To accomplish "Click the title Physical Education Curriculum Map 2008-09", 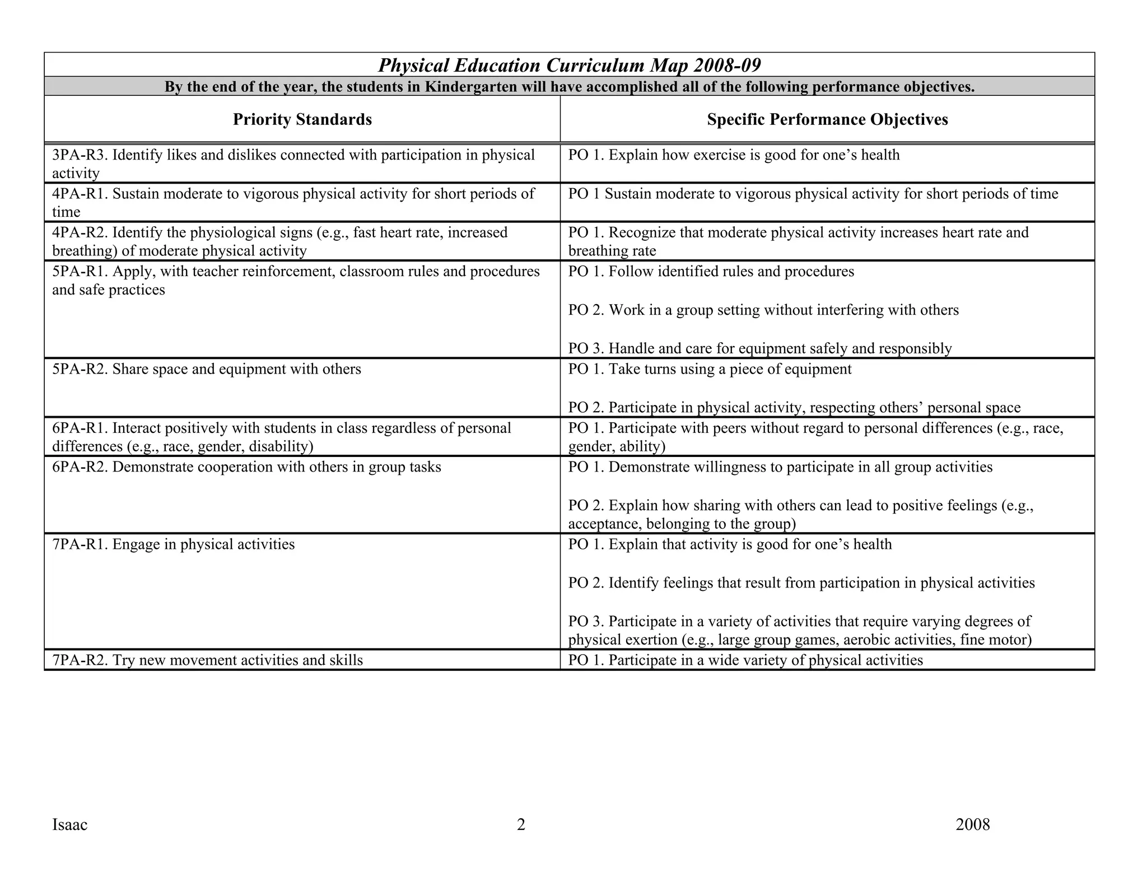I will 569,66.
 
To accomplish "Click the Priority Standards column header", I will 302,119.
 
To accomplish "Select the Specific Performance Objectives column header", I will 827,119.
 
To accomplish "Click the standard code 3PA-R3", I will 79,155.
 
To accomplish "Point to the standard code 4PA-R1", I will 79,194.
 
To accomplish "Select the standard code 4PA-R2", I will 79,233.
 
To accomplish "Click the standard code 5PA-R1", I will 79,272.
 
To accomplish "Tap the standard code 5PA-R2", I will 79,370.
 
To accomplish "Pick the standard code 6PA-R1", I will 79,428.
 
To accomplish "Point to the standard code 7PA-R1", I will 79,545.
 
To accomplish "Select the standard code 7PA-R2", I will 79,660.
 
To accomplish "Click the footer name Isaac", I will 69,825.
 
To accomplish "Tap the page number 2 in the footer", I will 521,825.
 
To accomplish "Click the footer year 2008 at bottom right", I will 972,825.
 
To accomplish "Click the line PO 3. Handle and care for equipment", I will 759,349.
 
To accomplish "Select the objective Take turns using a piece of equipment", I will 729,370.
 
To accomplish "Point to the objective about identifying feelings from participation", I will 801,583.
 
